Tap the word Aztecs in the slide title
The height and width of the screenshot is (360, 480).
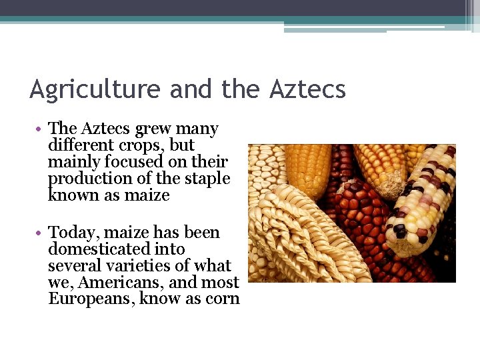[308, 89]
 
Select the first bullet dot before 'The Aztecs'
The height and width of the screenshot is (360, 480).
[41, 129]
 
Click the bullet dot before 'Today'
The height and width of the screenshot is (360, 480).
[41, 233]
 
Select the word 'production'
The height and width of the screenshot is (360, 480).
[85, 179]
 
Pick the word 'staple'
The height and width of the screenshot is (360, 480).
[207, 179]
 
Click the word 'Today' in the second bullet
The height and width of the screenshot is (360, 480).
[71, 233]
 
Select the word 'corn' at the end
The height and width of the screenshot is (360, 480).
[223, 299]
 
